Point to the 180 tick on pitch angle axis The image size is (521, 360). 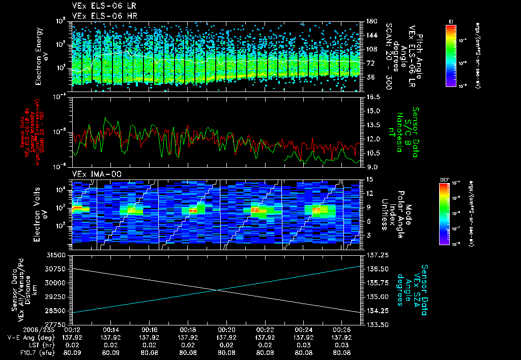pos(371,21)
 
